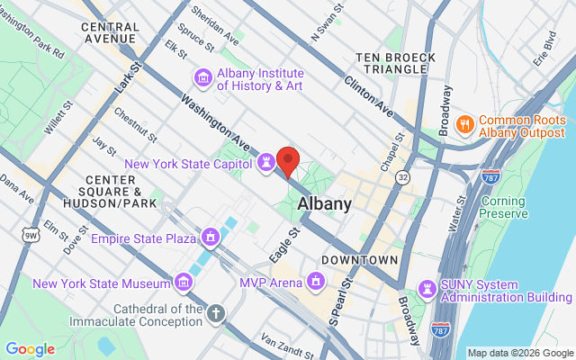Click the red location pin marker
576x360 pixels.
tap(288, 161)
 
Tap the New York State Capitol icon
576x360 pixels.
tap(266, 163)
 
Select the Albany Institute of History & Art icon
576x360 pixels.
tap(203, 78)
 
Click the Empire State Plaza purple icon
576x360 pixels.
tap(210, 238)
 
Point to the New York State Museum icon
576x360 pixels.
tap(183, 283)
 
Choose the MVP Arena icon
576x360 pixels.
tap(316, 283)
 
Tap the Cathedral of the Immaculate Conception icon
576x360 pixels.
tap(215, 314)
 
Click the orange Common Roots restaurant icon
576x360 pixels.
tap(465, 121)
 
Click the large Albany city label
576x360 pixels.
tap(324, 203)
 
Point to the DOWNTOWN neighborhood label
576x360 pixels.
tap(360, 260)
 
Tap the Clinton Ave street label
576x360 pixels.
tap(368, 95)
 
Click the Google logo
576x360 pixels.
tap(30, 349)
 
